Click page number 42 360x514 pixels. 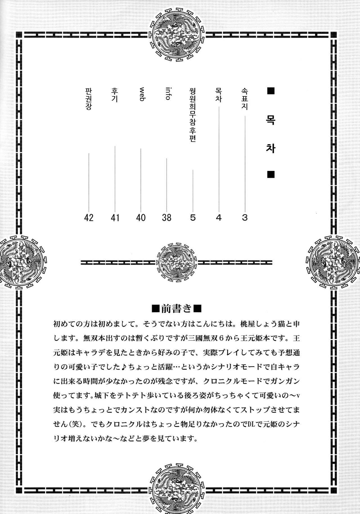point(89,218)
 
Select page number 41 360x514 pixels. point(115,218)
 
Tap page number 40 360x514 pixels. point(141,218)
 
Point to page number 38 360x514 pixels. point(167,218)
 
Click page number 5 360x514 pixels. point(193,218)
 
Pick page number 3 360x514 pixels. point(245,218)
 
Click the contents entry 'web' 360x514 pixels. point(142,94)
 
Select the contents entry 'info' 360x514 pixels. point(168,93)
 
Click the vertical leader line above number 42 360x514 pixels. point(89,180)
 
